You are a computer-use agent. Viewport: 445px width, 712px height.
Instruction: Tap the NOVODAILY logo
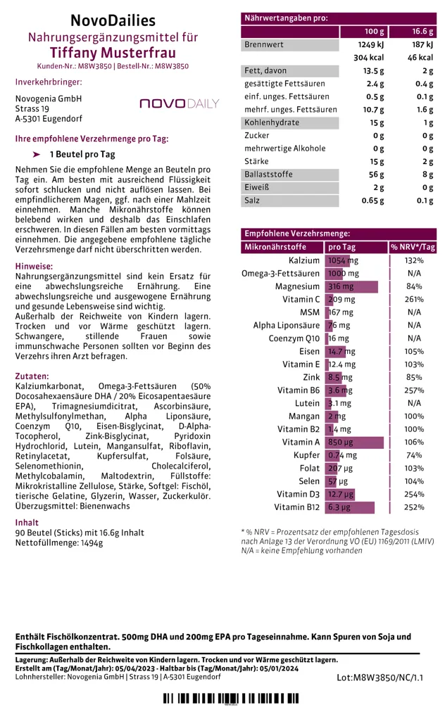tap(180, 104)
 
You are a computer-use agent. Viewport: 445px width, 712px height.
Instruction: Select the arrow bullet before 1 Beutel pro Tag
tap(37, 154)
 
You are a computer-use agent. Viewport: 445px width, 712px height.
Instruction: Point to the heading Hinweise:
tap(34, 267)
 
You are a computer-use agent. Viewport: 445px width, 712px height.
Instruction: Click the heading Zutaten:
tap(32, 376)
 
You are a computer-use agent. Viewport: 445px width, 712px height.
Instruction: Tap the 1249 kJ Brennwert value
tap(368, 44)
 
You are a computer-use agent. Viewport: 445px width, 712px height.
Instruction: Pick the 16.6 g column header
tap(420, 32)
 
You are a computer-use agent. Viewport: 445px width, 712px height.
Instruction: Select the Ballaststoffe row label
tap(268, 174)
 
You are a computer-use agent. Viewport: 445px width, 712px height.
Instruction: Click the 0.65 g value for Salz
tap(371, 201)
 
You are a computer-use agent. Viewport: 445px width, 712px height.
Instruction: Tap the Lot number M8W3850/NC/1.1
tap(380, 677)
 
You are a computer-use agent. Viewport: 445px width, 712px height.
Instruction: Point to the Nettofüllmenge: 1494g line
tap(59, 543)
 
